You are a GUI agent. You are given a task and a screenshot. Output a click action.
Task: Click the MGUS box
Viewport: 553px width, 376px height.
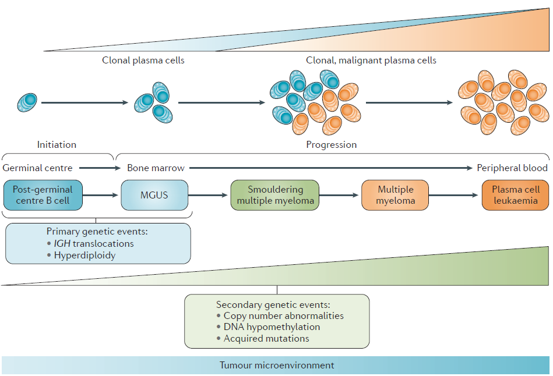(154, 195)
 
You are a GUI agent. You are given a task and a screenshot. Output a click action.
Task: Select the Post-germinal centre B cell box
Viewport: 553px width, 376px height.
(43, 195)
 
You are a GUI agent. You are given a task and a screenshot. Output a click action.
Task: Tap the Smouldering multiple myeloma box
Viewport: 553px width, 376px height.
(276, 195)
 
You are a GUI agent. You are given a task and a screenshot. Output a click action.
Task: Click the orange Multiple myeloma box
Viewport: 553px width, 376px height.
(395, 195)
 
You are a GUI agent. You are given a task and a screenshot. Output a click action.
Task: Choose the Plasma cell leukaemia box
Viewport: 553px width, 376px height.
(516, 195)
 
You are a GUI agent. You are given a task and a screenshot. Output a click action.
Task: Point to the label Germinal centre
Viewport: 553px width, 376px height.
(38, 168)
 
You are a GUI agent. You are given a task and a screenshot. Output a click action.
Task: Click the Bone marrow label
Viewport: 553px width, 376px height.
(156, 168)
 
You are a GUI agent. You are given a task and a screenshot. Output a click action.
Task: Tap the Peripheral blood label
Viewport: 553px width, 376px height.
(512, 168)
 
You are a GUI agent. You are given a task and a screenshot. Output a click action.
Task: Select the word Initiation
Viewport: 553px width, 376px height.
(57, 144)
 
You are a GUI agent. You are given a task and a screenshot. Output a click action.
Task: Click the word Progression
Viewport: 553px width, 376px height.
(331, 144)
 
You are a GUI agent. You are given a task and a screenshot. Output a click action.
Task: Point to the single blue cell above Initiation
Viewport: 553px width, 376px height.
(27, 103)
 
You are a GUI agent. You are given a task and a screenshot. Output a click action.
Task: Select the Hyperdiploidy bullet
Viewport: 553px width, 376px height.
(84, 255)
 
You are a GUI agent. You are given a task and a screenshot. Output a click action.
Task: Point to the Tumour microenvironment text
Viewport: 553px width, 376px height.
(277, 366)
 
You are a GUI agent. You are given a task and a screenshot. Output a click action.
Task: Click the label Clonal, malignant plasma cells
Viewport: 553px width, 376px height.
(371, 60)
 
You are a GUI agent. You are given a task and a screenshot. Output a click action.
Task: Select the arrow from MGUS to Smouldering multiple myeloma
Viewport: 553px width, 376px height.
(209, 196)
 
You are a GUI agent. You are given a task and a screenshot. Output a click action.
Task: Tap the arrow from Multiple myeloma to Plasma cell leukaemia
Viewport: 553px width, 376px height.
(455, 196)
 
